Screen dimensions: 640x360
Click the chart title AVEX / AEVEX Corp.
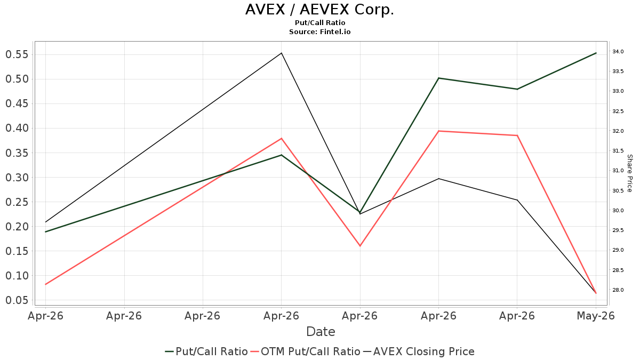point(319,10)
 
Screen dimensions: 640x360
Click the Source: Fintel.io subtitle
point(319,31)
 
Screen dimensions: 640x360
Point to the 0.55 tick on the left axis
point(17,54)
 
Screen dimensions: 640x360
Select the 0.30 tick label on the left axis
point(17,178)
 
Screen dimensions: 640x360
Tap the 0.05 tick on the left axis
point(17,300)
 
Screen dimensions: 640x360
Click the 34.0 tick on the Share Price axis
point(618,51)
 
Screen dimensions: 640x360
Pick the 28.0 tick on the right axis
point(618,290)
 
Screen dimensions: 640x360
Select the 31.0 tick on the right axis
point(618,171)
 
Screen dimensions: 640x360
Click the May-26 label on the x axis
point(596,316)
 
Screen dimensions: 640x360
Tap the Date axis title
point(321,332)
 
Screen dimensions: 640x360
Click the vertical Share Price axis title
point(629,173)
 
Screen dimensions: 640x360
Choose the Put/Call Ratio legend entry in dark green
point(206,351)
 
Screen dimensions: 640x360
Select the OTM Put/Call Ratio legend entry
point(305,351)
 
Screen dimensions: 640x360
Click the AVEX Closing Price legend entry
point(419,351)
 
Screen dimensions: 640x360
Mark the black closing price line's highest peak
point(282,53)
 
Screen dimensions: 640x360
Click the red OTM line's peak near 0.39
point(438,131)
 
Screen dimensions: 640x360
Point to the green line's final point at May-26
point(596,53)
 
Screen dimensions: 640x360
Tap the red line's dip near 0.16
point(360,246)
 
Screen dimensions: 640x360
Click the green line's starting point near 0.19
point(45,231)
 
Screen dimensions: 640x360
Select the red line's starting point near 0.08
point(45,284)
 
